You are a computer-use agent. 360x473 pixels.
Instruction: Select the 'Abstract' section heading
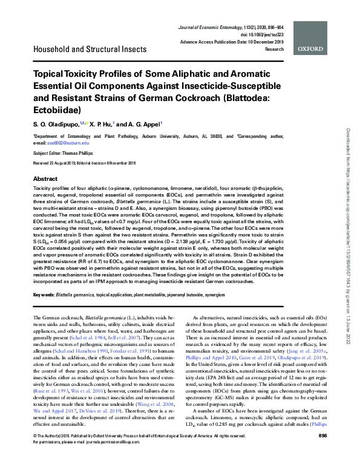click(45, 180)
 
